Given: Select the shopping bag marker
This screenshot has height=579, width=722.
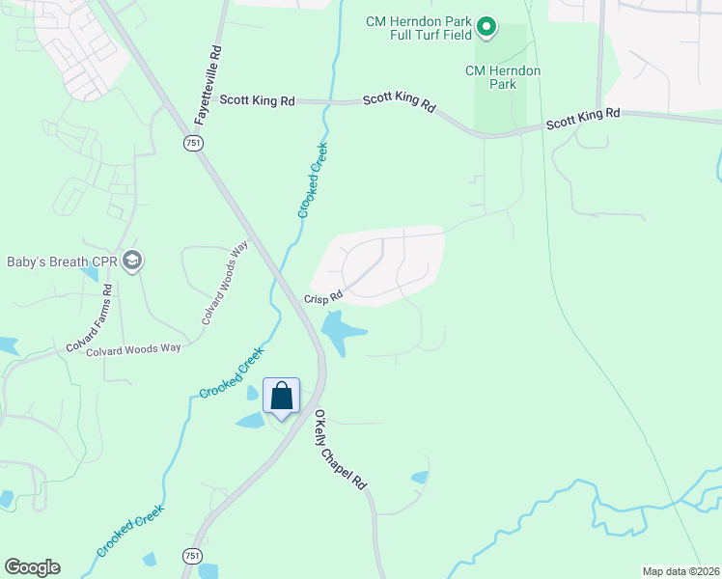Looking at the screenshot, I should (x=281, y=396).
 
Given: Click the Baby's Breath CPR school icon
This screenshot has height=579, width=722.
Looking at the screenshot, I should (x=133, y=261).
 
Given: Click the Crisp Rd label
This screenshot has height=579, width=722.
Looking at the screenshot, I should (x=323, y=298).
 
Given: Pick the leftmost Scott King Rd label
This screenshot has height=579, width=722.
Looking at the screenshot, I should (x=257, y=99).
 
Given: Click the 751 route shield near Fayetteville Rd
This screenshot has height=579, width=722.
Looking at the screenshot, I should (x=193, y=142).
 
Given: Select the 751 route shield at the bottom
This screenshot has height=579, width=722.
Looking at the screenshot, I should (x=192, y=556).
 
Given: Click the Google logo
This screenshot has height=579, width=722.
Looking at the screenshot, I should (x=32, y=567).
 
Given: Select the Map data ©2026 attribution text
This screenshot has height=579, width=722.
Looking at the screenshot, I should (x=680, y=571).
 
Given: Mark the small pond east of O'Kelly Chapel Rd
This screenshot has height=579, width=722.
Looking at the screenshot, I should (x=420, y=477).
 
